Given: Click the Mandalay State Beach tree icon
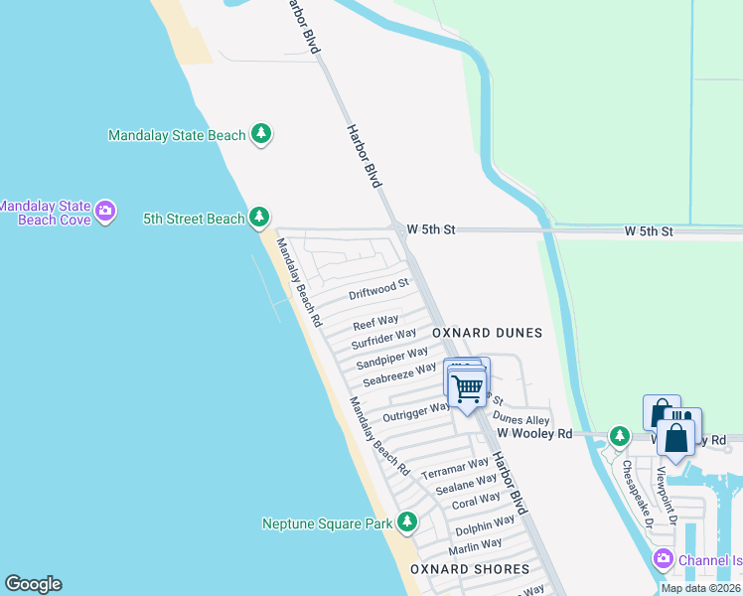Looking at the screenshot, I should click(261, 134).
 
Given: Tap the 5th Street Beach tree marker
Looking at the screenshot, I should click(259, 217).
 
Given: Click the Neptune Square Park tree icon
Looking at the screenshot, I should click(406, 521).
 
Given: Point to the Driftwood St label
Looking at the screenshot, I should click(379, 290).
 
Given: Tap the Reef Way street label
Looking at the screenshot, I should click(376, 323).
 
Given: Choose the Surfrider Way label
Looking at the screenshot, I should click(383, 340).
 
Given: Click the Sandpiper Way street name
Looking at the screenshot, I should click(392, 357).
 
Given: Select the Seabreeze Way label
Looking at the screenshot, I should click(399, 374).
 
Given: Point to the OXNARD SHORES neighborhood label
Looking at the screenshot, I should click(470, 569).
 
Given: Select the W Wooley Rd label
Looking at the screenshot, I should click(535, 434).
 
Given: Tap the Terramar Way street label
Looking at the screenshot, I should click(455, 469).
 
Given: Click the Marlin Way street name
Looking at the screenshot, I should click(475, 546).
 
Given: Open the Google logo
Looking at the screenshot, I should click(33, 584).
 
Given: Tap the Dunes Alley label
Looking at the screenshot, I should click(521, 420).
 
